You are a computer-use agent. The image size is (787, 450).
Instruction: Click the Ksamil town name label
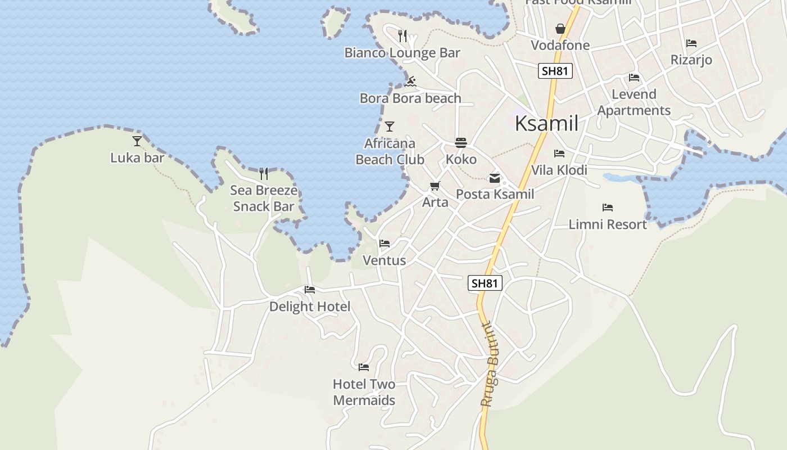click(546, 123)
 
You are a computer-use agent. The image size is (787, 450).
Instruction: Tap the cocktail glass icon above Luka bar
click(137, 141)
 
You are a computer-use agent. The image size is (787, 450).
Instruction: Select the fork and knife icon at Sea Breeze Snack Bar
click(263, 173)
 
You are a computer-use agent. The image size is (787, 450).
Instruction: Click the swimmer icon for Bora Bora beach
click(410, 82)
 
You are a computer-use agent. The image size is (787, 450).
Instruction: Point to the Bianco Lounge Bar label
click(402, 53)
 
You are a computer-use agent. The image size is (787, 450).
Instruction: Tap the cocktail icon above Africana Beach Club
click(390, 127)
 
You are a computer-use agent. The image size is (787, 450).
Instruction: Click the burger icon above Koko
click(461, 143)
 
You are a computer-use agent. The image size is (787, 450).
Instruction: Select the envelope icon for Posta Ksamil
click(495, 178)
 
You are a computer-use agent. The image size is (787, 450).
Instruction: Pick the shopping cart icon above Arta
click(435, 186)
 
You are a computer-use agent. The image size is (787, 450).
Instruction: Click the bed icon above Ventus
click(385, 244)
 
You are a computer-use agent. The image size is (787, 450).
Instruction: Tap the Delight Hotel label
click(310, 307)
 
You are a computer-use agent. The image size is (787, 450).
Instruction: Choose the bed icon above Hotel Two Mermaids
click(364, 367)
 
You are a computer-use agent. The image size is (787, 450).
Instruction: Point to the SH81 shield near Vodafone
click(555, 71)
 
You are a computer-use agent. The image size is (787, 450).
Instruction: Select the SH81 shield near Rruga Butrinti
click(485, 283)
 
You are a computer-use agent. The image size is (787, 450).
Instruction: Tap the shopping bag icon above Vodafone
click(560, 29)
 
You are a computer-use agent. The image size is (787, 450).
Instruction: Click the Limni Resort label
click(608, 224)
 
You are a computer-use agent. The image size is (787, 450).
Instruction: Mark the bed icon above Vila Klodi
click(559, 153)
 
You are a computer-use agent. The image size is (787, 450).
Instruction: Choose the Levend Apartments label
click(634, 102)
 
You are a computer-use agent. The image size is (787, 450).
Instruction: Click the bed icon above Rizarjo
click(691, 43)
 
